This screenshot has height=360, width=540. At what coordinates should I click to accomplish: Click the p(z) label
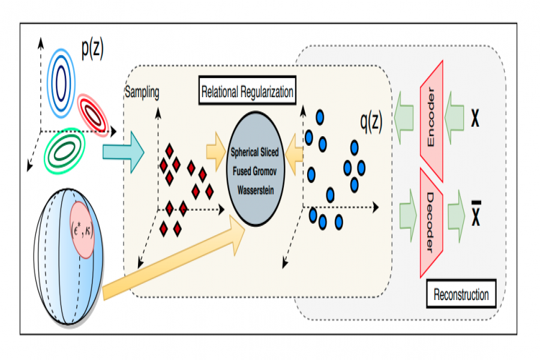click(92, 49)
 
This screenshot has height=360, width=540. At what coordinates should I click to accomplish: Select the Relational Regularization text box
click(247, 92)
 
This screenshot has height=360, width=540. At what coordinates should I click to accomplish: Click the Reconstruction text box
click(461, 295)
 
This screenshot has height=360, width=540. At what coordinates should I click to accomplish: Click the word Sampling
click(142, 93)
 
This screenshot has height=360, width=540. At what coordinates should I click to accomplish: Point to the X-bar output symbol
click(476, 214)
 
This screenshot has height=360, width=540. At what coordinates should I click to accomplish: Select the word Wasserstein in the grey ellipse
click(255, 187)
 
